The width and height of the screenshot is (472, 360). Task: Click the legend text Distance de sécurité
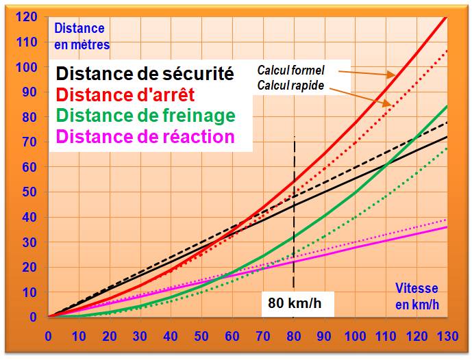point(145,73)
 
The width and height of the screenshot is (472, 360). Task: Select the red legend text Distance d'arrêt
point(125,94)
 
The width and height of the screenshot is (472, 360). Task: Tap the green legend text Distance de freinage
point(145,115)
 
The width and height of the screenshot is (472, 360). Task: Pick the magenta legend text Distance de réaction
point(145,136)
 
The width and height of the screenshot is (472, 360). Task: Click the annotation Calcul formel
point(290,70)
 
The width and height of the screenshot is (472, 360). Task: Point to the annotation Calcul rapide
point(290,86)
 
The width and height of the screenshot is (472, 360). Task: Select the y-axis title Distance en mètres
point(80,36)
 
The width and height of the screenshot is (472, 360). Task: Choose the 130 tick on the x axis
point(447,337)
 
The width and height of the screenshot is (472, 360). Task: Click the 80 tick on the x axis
point(294,337)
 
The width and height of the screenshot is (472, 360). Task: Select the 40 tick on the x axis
point(171,337)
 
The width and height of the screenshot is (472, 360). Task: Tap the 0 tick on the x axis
point(48,337)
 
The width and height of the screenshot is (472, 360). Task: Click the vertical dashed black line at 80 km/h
point(294,205)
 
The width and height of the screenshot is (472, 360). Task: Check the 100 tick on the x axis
point(356,337)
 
